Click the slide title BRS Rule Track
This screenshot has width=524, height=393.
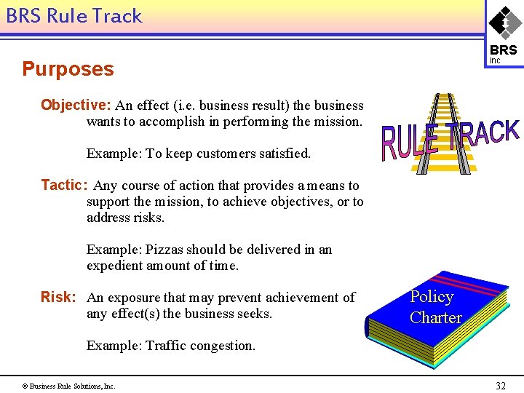click(x=74, y=16)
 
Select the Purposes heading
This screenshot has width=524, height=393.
click(x=68, y=69)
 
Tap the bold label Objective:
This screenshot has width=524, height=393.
click(x=75, y=105)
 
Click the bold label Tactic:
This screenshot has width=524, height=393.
click(x=64, y=186)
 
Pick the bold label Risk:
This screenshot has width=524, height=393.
click(x=58, y=297)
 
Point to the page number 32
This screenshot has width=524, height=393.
click(x=500, y=386)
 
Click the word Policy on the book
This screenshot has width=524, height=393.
click(x=432, y=296)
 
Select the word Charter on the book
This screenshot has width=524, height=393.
click(x=435, y=317)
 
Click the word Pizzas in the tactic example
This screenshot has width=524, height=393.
click(x=164, y=250)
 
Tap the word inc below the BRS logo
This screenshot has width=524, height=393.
click(x=495, y=61)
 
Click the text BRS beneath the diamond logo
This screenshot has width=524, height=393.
click(x=504, y=50)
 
